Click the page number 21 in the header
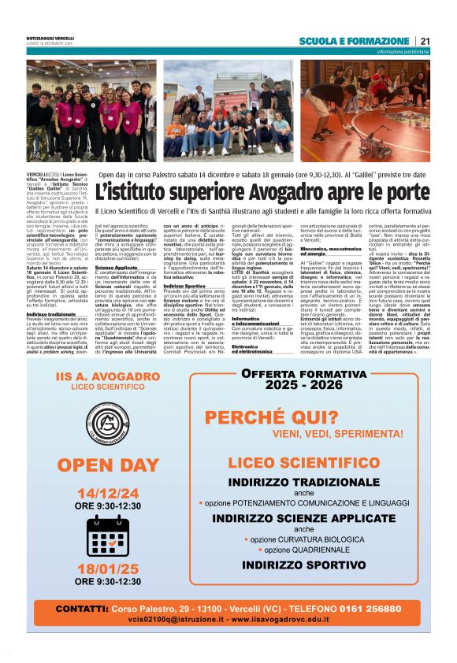pyautogui.click(x=425, y=41)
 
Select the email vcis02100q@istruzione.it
pyautogui.click(x=168, y=620)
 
